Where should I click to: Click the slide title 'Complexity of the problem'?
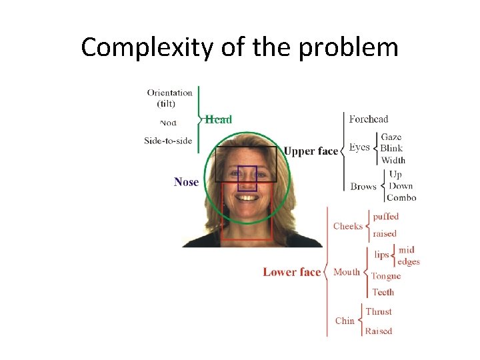pos(239,47)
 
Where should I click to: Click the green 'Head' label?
pos(219,119)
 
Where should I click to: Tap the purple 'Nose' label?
pos(186,182)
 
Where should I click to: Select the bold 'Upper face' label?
pos(311,151)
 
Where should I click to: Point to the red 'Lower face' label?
pos(291,272)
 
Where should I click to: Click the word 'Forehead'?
pos(369,119)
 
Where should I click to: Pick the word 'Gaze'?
pos(391,137)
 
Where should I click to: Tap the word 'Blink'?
pos(391,148)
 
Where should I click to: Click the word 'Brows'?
pos(363,187)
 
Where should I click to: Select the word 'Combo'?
pos(401,197)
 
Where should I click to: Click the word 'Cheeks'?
pos(348,226)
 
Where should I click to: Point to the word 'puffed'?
pos(386,217)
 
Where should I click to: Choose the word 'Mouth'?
pos(347,272)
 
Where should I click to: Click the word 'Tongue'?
pos(386,276)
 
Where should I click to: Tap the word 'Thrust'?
pos(379,311)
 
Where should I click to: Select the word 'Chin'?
pos(345,321)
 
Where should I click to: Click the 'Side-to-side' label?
pos(168,141)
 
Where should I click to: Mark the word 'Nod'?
pos(169,123)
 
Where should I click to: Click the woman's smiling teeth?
pos(247,198)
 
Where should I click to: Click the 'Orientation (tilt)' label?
pos(170,98)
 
